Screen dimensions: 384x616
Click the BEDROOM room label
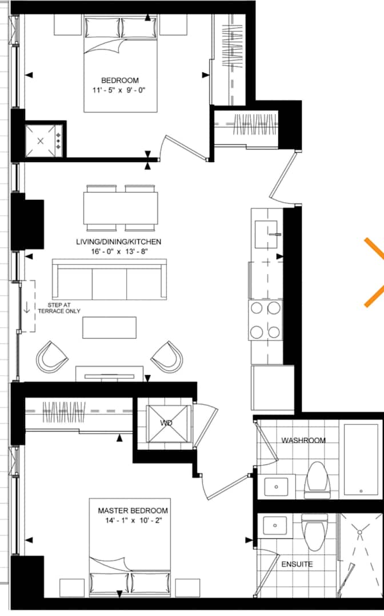coord(120,80)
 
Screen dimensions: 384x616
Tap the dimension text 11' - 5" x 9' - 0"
coord(119,90)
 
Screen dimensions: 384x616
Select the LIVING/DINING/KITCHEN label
coord(119,241)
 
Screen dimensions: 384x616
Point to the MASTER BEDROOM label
coord(133,511)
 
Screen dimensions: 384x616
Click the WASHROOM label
coord(303,440)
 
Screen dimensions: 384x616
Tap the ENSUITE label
coord(297,564)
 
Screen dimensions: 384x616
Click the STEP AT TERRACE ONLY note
coord(59,308)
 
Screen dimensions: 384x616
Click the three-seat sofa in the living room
coord(109,279)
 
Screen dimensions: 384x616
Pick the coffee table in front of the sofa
coord(109,328)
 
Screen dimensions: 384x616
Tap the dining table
coord(121,208)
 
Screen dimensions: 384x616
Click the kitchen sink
coord(266,235)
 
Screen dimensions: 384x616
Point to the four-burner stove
coord(265,320)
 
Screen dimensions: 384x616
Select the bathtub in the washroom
coord(361,459)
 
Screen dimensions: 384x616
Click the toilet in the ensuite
coord(314,532)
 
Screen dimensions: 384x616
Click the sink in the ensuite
coord(275,526)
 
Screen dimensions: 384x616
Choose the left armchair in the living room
coord(52,357)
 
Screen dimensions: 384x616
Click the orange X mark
coord(374,272)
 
